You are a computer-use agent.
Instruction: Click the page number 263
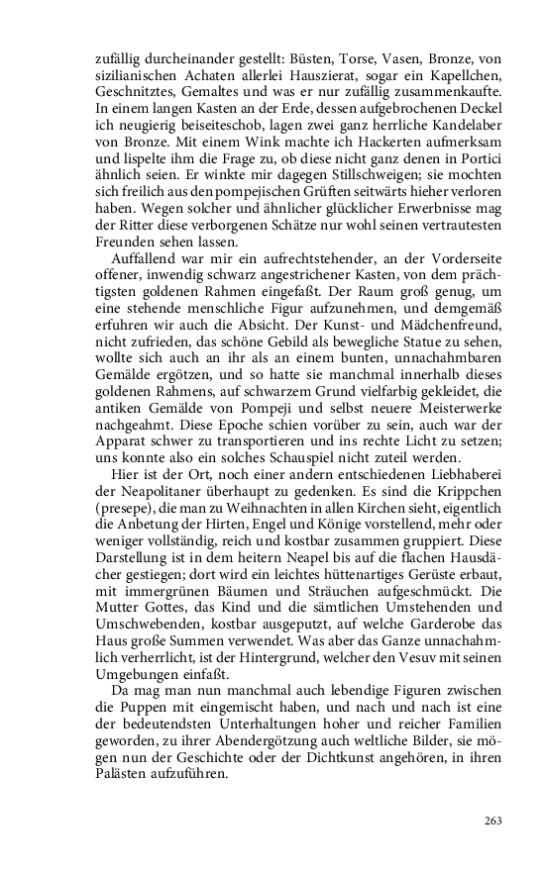coord(493,820)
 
